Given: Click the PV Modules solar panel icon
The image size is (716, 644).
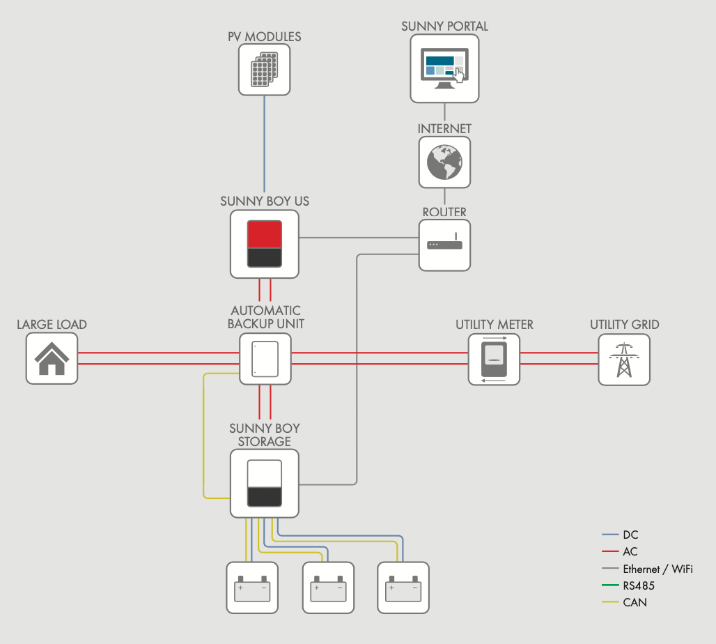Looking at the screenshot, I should (x=264, y=69).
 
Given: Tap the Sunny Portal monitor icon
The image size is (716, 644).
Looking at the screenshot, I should (x=444, y=68).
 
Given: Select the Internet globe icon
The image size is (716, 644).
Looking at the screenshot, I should (x=444, y=162).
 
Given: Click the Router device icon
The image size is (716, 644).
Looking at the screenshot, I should (x=444, y=245).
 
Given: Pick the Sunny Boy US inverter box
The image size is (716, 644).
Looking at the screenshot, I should (x=264, y=244).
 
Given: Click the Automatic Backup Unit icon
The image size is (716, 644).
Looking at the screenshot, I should (x=265, y=358).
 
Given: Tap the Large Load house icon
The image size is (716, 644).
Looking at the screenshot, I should (x=52, y=358).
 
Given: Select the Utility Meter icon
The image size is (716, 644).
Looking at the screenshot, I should (x=494, y=358).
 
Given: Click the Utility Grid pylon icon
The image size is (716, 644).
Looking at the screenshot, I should (x=623, y=359).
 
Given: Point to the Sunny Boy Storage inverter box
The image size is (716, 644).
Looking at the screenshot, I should (x=264, y=483).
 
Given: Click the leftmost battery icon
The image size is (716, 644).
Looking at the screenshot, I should (x=252, y=588).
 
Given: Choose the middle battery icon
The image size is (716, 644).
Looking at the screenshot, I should (x=328, y=588).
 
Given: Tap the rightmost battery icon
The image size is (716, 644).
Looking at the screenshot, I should (x=403, y=588).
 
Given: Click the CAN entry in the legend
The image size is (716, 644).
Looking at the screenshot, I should (x=635, y=602).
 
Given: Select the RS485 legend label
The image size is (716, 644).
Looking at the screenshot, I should (x=639, y=585).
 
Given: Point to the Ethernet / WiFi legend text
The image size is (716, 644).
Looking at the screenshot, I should (x=657, y=569).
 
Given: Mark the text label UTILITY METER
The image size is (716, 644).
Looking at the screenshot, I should (x=495, y=325).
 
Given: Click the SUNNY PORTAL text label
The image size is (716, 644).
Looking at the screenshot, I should (x=444, y=26).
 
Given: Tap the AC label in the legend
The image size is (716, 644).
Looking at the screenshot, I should (x=630, y=552).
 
